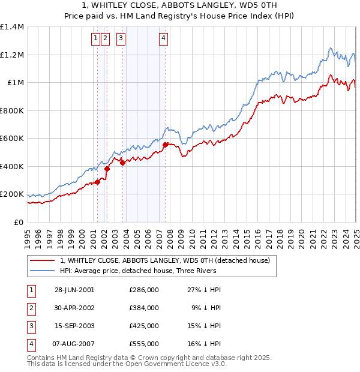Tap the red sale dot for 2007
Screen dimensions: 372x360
click(x=165, y=145)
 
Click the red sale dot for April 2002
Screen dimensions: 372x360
click(x=107, y=169)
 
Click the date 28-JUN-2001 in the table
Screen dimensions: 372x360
click(x=74, y=290)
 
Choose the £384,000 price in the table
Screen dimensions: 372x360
click(x=144, y=308)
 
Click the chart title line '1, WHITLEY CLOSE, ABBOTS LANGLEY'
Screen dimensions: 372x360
click(x=180, y=5)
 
